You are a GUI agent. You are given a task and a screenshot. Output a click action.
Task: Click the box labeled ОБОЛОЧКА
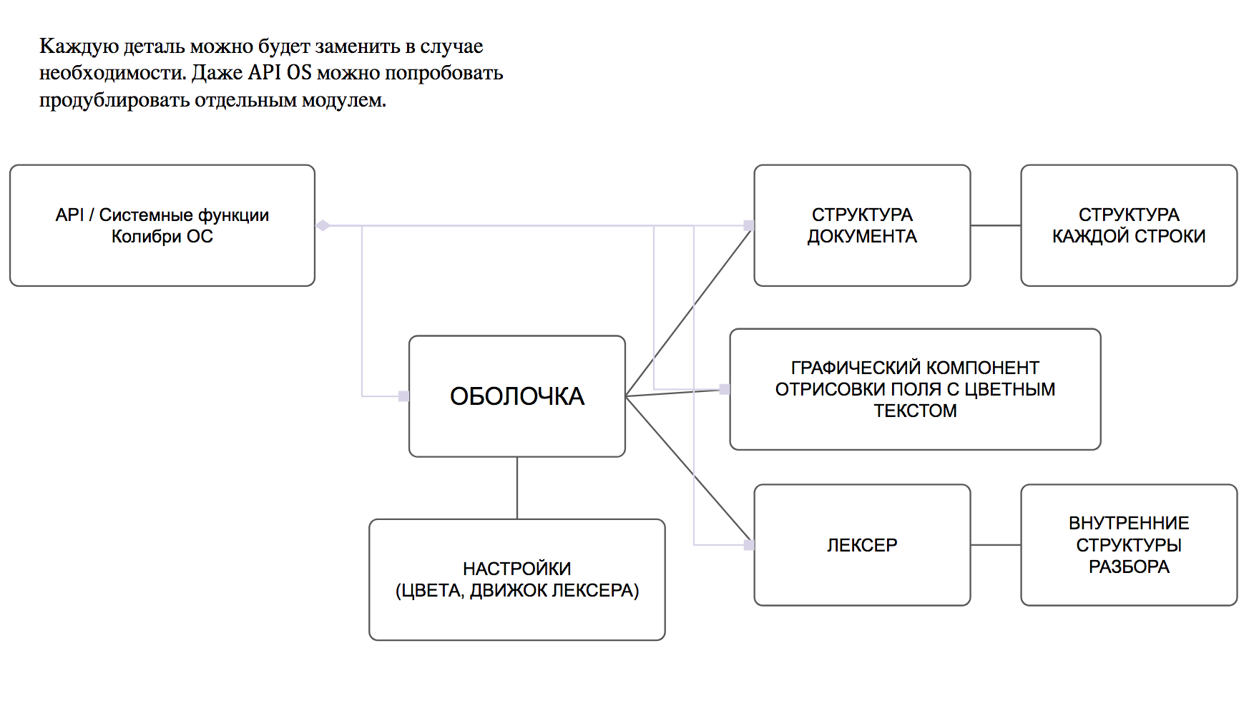(516, 396)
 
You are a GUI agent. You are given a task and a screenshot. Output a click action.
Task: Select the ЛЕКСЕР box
(862, 544)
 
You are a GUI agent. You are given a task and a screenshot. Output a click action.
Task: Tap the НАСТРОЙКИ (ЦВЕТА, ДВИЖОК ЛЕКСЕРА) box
(516, 579)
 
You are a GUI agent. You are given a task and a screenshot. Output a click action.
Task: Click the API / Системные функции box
(162, 225)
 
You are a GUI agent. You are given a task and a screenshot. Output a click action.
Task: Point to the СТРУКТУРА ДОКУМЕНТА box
(862, 225)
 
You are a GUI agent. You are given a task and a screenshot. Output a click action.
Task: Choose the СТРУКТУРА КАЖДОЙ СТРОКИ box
(1128, 225)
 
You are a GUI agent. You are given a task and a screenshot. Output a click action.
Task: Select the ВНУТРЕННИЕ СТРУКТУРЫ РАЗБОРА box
(1128, 544)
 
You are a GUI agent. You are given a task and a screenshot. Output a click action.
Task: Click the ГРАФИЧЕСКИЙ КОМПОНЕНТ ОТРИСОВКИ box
(914, 388)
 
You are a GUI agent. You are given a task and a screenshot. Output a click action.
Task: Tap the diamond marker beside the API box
(323, 225)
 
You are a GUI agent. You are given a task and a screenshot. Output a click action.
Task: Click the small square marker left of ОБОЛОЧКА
(403, 396)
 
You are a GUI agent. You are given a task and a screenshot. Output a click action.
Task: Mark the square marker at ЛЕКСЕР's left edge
(749, 545)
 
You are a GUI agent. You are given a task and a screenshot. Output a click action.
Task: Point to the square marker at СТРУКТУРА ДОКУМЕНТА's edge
(749, 225)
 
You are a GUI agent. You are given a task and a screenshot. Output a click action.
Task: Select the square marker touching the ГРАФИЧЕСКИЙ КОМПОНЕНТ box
(725, 389)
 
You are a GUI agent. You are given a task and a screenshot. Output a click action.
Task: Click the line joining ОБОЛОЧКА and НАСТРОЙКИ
(516, 488)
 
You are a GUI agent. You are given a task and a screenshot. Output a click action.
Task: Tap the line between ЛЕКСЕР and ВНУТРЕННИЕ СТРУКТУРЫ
(995, 545)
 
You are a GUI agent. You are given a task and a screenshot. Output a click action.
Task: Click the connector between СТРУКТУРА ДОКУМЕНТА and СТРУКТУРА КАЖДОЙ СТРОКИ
(995, 225)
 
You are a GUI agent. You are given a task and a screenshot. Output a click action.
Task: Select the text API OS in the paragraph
(280, 73)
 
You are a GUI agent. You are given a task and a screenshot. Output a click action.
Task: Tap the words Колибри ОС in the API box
(162, 237)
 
